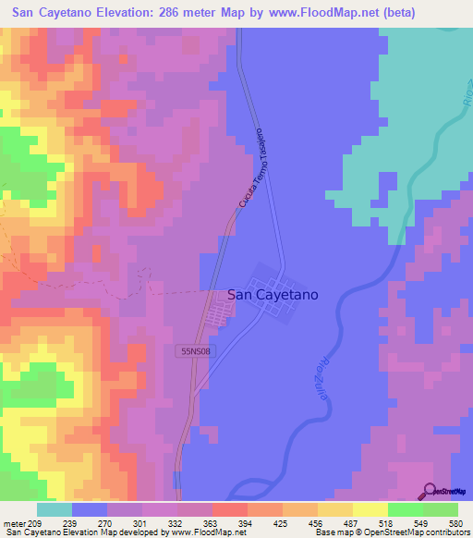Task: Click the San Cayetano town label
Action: coord(273,295)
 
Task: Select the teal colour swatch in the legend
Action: coord(55,509)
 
